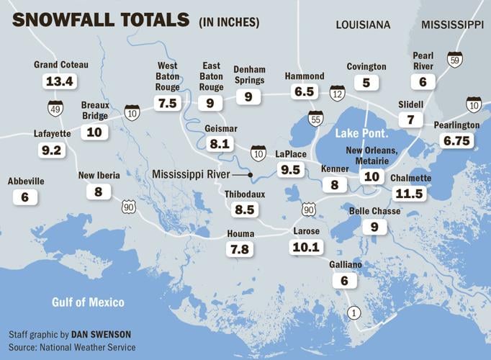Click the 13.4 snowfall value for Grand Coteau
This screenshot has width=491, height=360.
[x=60, y=81]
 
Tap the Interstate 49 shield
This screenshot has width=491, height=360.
[x=55, y=108]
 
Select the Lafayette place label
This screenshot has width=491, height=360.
[x=52, y=133]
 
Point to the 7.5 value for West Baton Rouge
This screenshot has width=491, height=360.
[x=167, y=103]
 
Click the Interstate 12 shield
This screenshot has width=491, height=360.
[x=338, y=92]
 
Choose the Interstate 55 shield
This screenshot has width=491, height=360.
[x=315, y=119]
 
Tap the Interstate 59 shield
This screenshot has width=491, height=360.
[x=454, y=59]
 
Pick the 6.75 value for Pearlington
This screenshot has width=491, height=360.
[x=457, y=141]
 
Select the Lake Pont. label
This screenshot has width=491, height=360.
[x=362, y=134]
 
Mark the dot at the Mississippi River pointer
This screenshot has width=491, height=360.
[x=250, y=174]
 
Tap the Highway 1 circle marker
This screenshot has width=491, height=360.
[x=353, y=312]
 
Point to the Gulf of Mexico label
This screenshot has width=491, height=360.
[x=88, y=302]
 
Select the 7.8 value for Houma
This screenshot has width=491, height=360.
[x=240, y=249]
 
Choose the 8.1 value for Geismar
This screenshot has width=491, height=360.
[x=220, y=143]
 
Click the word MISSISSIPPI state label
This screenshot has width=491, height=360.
[x=452, y=24]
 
